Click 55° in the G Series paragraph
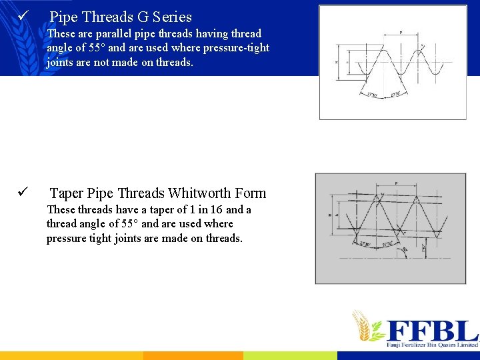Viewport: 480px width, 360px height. (97, 48)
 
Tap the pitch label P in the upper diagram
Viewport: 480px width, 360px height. (400, 32)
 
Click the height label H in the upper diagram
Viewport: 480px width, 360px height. (337, 61)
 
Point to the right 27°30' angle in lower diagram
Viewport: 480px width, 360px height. (389, 245)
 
